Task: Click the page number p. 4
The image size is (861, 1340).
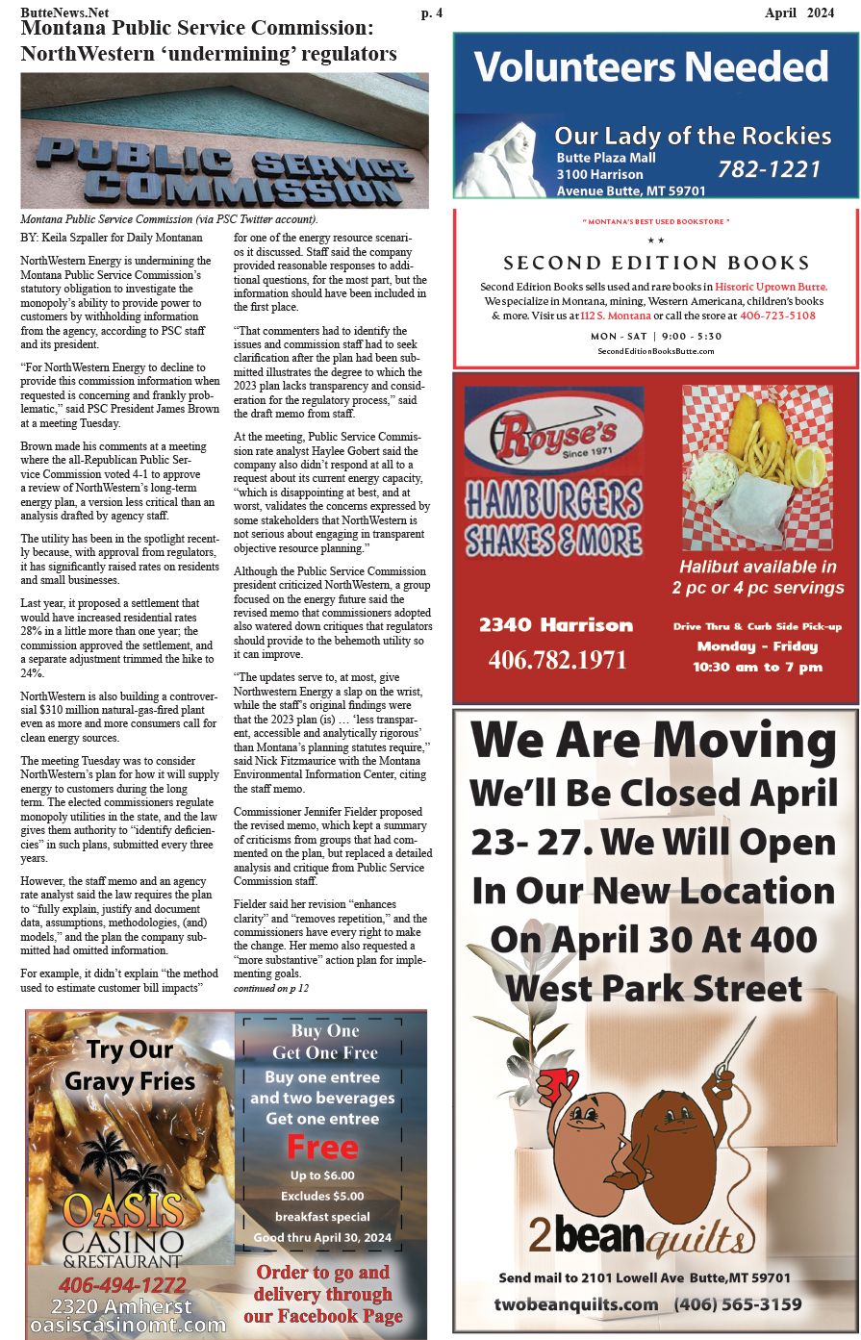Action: [432, 13]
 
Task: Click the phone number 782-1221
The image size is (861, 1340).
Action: [769, 169]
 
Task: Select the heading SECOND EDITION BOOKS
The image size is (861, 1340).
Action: [656, 263]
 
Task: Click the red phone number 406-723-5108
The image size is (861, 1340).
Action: [778, 316]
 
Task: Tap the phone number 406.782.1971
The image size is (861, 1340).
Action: [557, 660]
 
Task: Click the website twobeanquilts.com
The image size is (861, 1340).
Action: [575, 1304]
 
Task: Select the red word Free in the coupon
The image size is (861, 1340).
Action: [322, 1148]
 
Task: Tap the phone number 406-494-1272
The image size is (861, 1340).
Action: [122, 1285]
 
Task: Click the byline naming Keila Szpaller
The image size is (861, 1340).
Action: [112, 238]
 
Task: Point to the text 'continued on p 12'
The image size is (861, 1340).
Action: [271, 988]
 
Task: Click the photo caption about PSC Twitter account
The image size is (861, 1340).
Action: [168, 219]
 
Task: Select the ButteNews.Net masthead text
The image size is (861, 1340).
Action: [64, 13]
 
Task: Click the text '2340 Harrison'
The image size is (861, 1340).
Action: [556, 625]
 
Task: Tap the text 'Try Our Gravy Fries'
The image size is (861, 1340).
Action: [130, 1065]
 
